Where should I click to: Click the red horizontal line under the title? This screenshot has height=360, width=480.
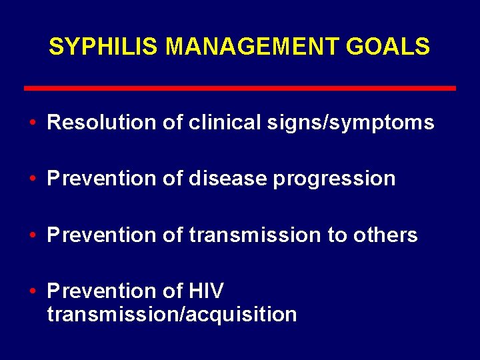tap(240, 88)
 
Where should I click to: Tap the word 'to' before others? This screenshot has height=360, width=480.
tap(333, 235)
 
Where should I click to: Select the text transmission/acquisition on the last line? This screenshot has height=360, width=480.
tap(172, 314)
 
